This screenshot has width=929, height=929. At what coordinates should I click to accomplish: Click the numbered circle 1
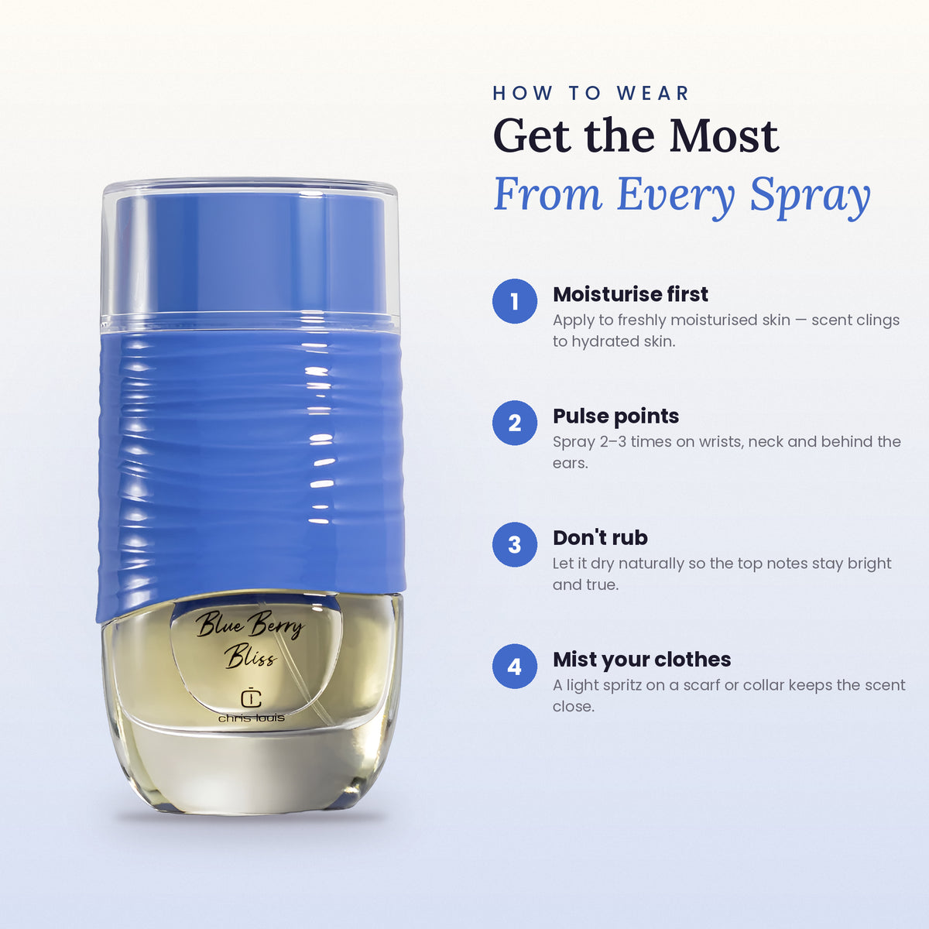(x=514, y=301)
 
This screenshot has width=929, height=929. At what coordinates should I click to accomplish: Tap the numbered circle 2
(x=514, y=423)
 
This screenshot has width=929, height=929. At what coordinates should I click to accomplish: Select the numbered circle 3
(x=514, y=544)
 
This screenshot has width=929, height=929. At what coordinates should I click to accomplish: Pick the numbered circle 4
(x=514, y=667)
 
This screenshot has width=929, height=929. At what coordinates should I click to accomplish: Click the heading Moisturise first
(x=630, y=294)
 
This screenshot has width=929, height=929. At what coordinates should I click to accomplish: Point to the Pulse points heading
(x=615, y=416)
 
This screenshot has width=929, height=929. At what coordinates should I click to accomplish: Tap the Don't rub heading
(x=600, y=537)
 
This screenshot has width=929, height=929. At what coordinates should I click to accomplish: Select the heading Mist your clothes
(x=642, y=660)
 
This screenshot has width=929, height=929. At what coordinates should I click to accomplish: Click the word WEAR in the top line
(x=653, y=93)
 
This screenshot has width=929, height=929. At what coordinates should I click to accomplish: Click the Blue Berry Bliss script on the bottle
(x=249, y=639)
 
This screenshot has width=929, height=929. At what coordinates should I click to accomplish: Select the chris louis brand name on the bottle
(x=251, y=718)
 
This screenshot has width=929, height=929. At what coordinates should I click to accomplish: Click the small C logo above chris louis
(x=251, y=698)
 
